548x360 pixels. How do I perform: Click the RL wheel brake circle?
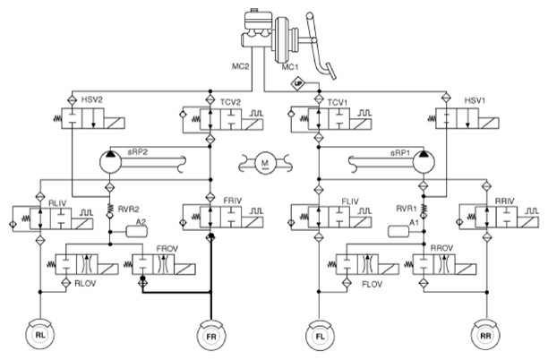[x=40, y=335]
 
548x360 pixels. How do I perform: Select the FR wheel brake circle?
[x=211, y=336]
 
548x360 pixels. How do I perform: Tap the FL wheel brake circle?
[x=320, y=336]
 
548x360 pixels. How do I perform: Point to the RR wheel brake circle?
[x=485, y=335]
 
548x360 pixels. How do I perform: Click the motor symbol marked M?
[x=265, y=163]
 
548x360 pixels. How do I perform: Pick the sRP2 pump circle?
[x=110, y=162]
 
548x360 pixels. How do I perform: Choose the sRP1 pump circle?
[x=424, y=162]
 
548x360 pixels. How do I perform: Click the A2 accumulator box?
[x=137, y=231]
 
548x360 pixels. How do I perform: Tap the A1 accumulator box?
[x=398, y=231]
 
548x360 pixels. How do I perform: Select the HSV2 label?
[x=92, y=100]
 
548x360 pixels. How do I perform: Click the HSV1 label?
[x=475, y=100]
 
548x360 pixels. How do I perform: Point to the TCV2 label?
[x=230, y=102]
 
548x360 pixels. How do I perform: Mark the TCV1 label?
[x=338, y=102]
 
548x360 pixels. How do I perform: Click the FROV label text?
[x=167, y=249]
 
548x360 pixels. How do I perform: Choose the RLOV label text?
[x=85, y=284]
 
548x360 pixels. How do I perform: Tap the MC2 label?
[x=241, y=66]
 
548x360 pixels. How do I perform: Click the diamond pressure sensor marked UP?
[x=298, y=83]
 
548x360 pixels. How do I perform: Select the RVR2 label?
[x=128, y=209]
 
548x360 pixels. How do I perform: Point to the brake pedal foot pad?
[x=330, y=72]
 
